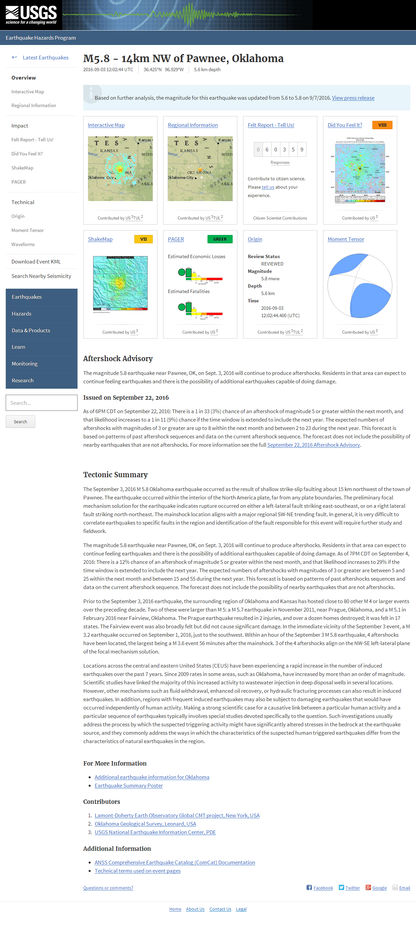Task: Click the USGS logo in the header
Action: click(31, 15)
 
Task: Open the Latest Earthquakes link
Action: click(45, 57)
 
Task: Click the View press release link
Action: click(353, 98)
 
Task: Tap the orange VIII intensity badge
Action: click(382, 125)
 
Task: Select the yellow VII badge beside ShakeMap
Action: click(143, 239)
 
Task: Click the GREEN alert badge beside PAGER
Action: click(220, 239)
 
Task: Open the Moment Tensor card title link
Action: click(345, 239)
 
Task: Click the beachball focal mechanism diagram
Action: click(360, 286)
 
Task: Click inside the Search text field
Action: click(41, 403)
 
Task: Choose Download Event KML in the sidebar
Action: click(36, 261)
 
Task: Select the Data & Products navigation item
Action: click(31, 330)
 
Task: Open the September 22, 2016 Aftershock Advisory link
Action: click(313, 445)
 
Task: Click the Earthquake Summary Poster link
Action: click(129, 786)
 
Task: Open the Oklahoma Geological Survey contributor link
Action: click(145, 824)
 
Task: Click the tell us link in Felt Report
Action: click(268, 187)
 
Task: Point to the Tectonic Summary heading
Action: click(115, 475)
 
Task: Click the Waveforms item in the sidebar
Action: click(23, 244)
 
